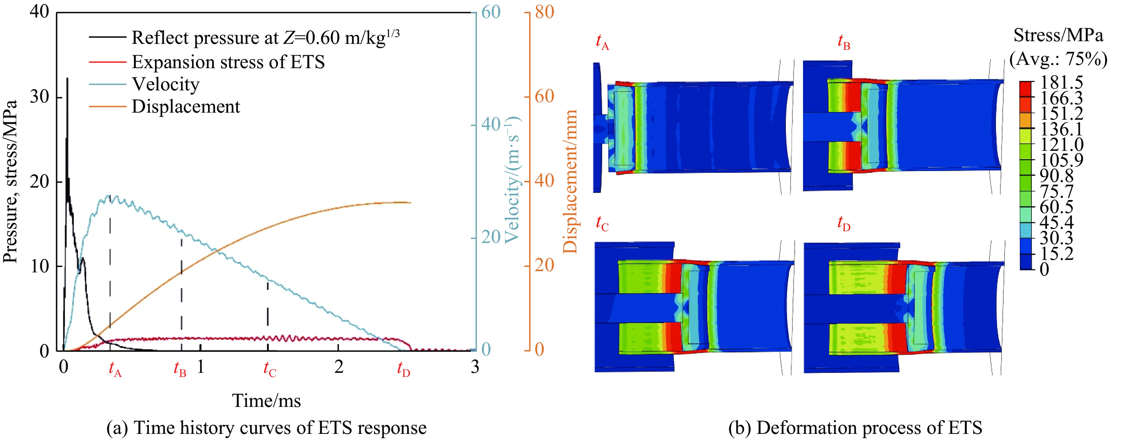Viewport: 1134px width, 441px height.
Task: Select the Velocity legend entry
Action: (x=166, y=84)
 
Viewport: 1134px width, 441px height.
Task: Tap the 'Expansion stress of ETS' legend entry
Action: (x=228, y=62)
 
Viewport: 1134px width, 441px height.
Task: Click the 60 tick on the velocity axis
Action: (x=490, y=12)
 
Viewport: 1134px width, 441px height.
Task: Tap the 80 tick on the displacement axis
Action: (x=544, y=12)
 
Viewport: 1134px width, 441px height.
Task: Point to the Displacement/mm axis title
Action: (x=570, y=181)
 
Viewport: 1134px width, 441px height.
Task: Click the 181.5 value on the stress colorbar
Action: (x=1061, y=82)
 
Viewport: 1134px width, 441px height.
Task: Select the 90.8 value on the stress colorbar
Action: (x=1057, y=176)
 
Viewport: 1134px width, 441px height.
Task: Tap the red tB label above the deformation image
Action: (x=843, y=42)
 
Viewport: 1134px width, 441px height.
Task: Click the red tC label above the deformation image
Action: (x=602, y=223)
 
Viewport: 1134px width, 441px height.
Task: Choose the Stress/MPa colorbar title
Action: (x=1058, y=35)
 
